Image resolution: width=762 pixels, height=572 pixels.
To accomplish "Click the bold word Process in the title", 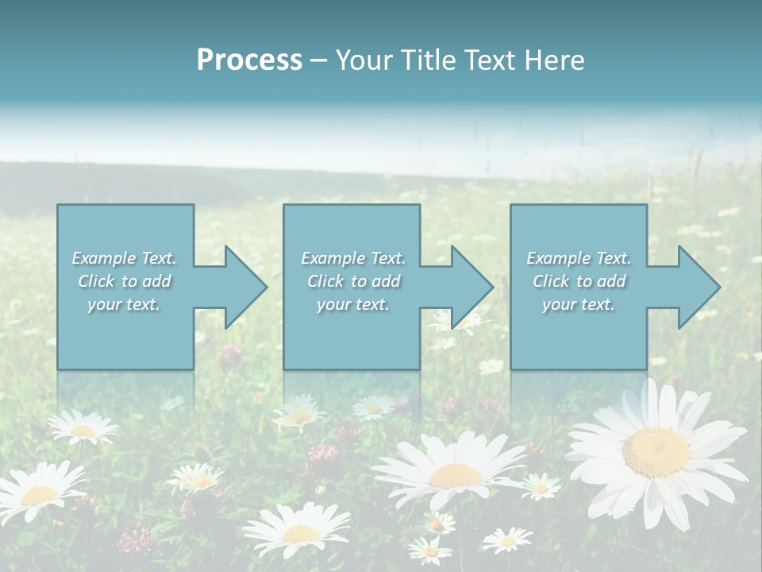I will tap(249, 60).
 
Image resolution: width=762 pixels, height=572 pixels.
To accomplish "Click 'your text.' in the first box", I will tap(124, 304).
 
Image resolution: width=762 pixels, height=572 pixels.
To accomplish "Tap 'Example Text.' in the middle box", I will tap(353, 258).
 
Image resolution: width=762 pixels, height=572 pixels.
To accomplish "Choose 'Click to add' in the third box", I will tap(579, 281).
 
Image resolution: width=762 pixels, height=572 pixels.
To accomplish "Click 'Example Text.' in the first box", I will tap(124, 258).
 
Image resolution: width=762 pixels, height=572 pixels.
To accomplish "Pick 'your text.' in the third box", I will tap(579, 304).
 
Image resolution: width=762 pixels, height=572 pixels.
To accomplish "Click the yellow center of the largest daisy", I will tap(656, 452).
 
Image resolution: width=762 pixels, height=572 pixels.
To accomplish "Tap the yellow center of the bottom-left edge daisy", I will tap(38, 495).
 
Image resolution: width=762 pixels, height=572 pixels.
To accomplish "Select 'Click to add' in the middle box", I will tap(353, 281).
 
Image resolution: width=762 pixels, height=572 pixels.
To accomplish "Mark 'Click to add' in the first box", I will tap(124, 281).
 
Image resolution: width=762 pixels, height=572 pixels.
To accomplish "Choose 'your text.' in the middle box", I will tap(353, 304).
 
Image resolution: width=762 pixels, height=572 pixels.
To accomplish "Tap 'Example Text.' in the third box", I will tap(579, 258).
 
